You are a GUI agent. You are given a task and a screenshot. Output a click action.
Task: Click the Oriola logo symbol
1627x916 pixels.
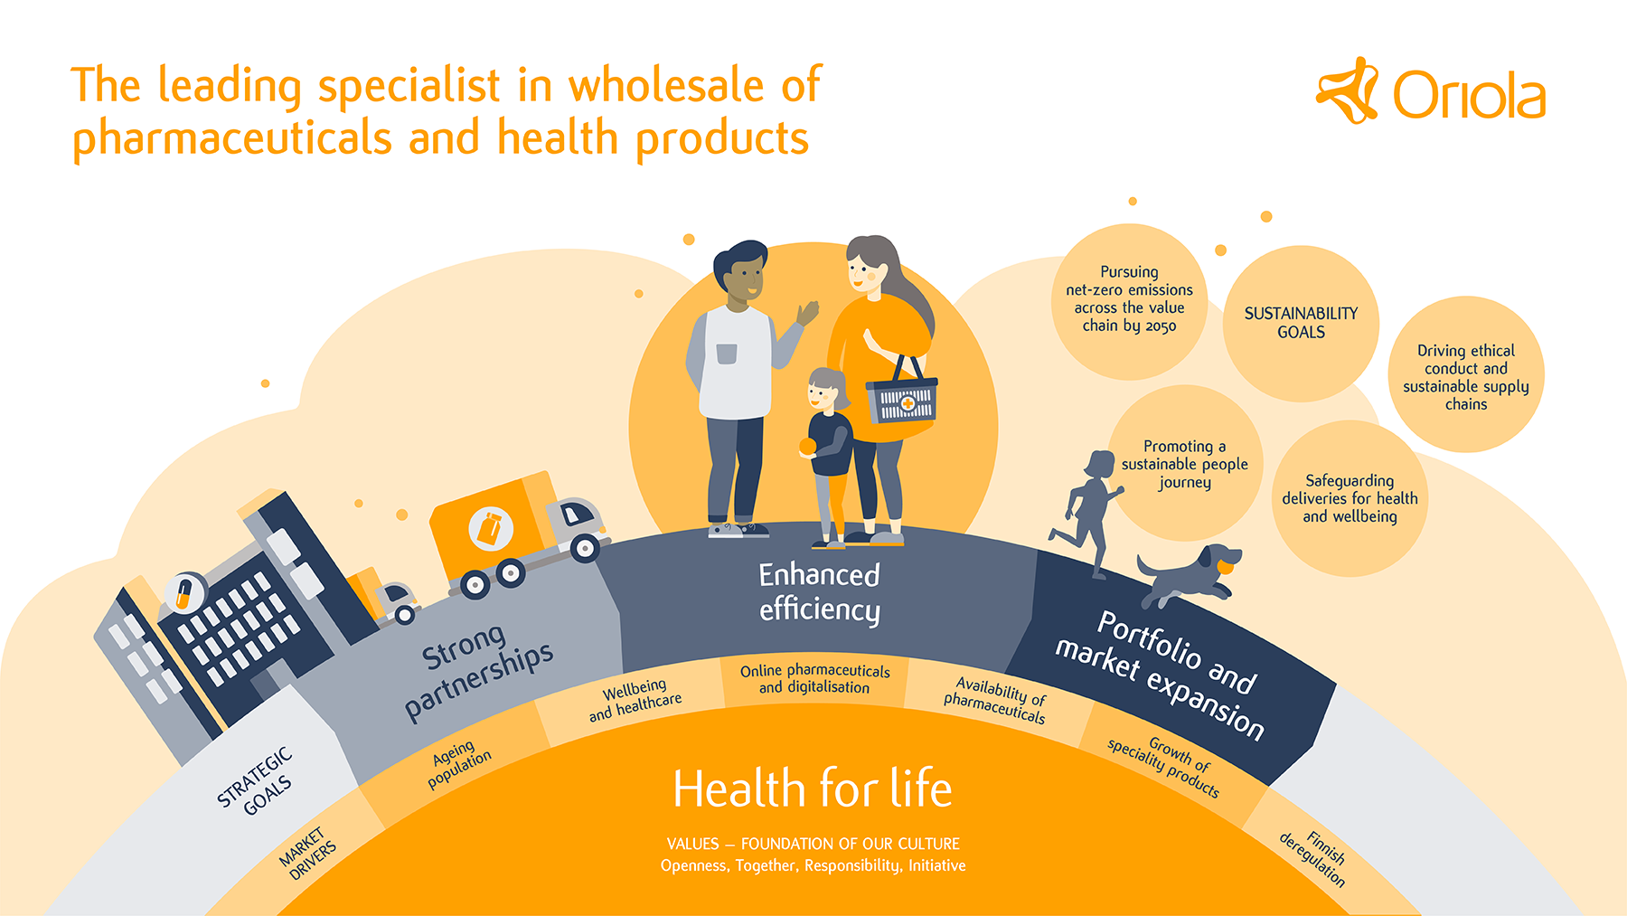(x=1347, y=90)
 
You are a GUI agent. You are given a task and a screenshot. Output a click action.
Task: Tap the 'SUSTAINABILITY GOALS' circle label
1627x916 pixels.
(x=1301, y=323)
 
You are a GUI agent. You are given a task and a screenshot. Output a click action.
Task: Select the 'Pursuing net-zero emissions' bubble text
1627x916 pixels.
(x=1129, y=298)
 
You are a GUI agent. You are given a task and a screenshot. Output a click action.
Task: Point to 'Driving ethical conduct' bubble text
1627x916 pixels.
(x=1465, y=377)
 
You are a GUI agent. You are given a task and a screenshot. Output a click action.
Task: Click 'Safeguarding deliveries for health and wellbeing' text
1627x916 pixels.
(x=1350, y=498)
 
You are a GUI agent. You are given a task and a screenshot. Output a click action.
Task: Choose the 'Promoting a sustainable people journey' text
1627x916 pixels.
(x=1184, y=464)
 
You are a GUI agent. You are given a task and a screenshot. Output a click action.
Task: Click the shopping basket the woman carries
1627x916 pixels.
(x=901, y=391)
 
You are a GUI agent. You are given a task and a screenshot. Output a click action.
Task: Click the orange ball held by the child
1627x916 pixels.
(x=807, y=446)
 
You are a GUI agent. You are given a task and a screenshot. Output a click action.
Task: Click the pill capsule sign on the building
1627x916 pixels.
(x=183, y=593)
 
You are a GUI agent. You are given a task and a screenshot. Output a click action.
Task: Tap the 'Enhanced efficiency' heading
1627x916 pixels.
(x=819, y=592)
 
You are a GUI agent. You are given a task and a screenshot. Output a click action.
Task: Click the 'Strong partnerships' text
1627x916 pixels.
(x=477, y=671)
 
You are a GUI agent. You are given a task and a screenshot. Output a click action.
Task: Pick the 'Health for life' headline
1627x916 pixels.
(x=813, y=789)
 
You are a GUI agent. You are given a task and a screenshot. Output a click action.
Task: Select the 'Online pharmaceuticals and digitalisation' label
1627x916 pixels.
(x=814, y=679)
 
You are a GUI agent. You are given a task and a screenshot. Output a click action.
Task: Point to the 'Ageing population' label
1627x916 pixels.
(x=458, y=763)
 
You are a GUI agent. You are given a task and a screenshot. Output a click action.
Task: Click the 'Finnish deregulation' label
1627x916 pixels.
(x=1313, y=858)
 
